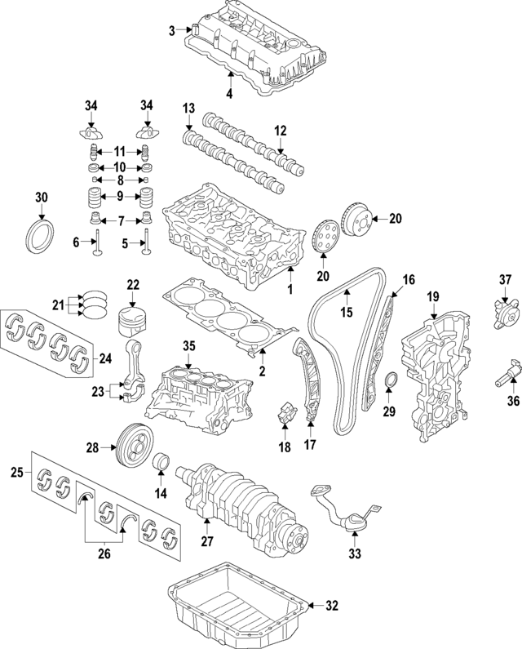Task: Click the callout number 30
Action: pos(42,197)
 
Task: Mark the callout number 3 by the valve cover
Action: pos(172,31)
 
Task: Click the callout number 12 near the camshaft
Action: pos(280,131)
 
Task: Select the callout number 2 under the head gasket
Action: pos(262,371)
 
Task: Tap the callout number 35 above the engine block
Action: pos(188,347)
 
